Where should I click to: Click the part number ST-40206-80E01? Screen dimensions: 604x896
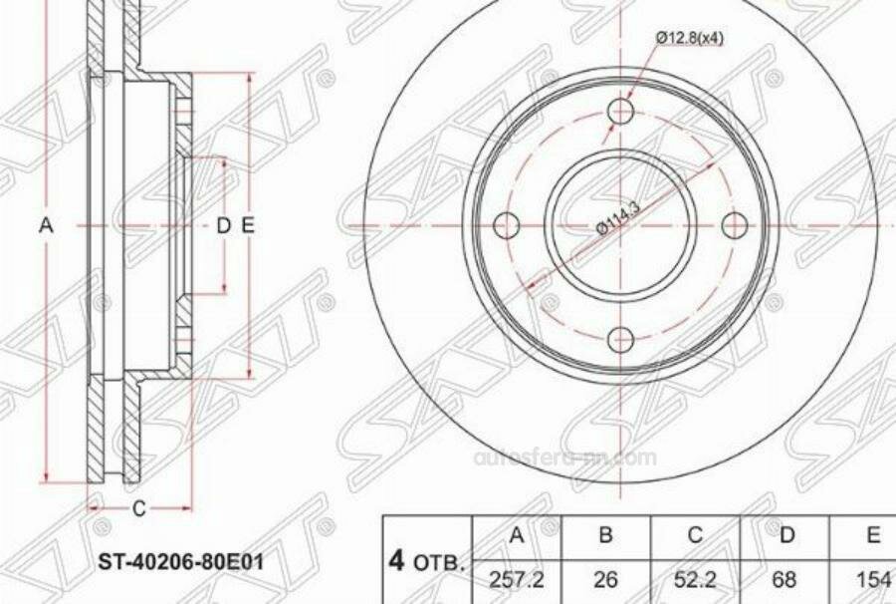pos(180,561)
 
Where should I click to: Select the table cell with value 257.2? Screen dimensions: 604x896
pos(517,577)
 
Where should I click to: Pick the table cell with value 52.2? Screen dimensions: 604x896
pos(696,577)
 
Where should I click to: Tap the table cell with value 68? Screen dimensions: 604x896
pos(786,577)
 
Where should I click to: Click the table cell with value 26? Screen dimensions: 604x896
pos(605,577)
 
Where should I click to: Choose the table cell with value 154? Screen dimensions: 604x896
pos(872,577)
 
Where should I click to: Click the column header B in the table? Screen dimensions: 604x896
pos(605,535)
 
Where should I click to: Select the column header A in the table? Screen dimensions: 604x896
pos(517,535)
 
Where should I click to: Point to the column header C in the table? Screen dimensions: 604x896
pos(696,535)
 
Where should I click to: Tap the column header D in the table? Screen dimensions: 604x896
pos(786,535)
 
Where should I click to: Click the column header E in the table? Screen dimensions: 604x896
pos(872,535)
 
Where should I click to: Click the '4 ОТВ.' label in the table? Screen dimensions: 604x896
pos(426,560)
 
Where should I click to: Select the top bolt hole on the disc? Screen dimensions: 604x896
pos(621,111)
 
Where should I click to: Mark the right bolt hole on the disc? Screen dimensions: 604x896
pos(735,225)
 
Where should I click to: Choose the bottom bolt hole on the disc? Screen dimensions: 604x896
pos(621,339)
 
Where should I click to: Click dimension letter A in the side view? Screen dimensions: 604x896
pos(45,226)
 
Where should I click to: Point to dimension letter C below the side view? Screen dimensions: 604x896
pos(139,508)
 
